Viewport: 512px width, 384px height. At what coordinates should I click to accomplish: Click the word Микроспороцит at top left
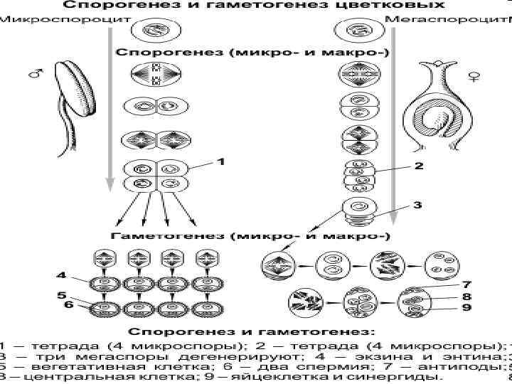pos(43,19)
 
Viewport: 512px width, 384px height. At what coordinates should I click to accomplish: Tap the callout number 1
pos(221,162)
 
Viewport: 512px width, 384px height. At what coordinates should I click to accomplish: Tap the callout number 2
pos(418,166)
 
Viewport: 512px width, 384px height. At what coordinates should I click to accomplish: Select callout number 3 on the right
pos(417,205)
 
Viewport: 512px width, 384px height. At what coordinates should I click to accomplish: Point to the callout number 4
pos(62,274)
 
